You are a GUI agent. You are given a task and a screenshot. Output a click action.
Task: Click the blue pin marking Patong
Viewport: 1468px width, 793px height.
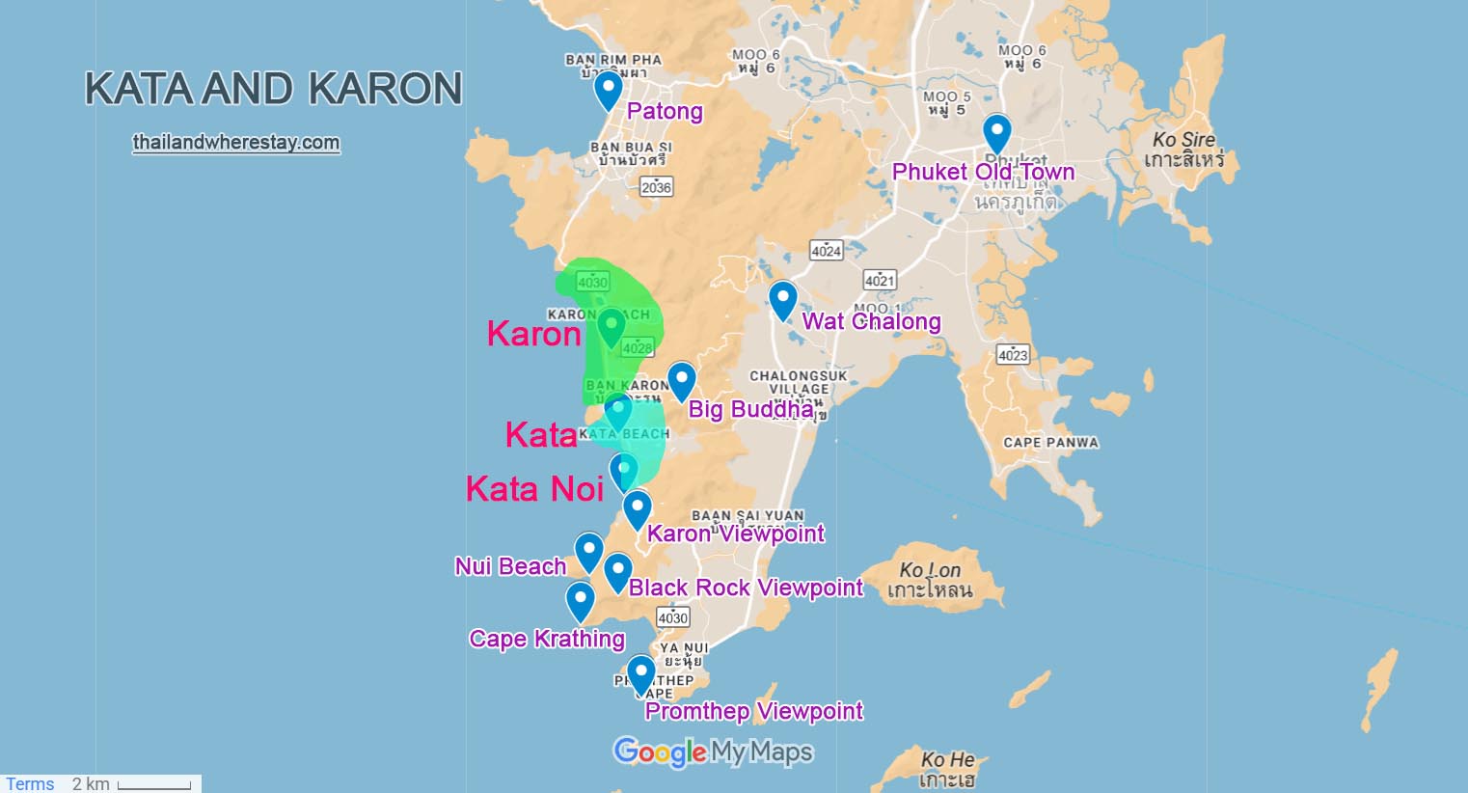(608, 90)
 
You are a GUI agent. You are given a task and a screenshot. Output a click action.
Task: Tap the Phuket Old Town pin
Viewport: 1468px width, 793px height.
(996, 132)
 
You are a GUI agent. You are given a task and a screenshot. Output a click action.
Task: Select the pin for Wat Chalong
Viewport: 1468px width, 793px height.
(782, 299)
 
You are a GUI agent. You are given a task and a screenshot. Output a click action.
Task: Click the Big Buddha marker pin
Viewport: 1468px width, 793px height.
(681, 380)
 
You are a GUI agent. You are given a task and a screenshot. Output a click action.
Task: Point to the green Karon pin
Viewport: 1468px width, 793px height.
(611, 326)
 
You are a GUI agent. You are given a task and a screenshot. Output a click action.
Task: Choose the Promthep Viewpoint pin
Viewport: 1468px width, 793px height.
(640, 673)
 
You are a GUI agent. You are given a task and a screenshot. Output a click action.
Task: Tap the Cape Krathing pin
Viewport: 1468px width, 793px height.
(580, 600)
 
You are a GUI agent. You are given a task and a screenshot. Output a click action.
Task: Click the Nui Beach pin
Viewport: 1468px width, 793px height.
(588, 551)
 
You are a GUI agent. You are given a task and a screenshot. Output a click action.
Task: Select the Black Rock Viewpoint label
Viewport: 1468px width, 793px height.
(746, 588)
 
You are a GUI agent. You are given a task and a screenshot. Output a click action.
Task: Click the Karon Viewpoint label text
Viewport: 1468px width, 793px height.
(736, 533)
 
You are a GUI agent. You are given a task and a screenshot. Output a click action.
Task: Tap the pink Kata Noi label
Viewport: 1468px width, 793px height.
(534, 489)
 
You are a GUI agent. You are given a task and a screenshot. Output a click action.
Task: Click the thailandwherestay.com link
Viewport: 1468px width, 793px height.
(236, 143)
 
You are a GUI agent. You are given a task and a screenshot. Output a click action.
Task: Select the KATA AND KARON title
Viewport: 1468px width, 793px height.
(274, 89)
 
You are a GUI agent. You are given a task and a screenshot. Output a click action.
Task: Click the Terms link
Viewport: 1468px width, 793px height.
(30, 783)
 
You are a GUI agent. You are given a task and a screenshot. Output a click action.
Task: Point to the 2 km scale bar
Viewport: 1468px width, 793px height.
(153, 785)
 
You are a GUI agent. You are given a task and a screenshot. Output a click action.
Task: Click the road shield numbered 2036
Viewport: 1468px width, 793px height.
(656, 187)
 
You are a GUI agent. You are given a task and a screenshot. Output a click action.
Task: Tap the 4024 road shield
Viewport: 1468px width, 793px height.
(826, 251)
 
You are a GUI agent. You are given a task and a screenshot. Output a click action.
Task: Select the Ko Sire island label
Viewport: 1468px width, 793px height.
(1183, 149)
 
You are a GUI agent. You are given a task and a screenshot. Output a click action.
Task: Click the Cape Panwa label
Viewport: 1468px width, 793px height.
(1050, 443)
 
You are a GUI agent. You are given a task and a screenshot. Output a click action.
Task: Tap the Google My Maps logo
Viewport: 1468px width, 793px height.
(713, 752)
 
